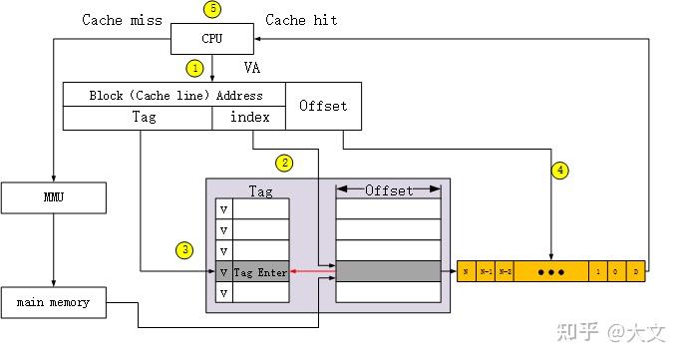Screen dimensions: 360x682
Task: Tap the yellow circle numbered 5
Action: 211,10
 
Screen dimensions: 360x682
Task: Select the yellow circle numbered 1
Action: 195,68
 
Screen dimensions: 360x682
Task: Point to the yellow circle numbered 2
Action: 285,163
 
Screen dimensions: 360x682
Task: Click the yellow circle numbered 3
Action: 185,249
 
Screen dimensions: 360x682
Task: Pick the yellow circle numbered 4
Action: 561,171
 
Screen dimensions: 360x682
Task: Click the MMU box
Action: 53,197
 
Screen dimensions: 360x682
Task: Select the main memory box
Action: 53,302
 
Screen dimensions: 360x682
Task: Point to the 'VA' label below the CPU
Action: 252,68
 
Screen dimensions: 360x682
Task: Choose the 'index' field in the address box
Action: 249,118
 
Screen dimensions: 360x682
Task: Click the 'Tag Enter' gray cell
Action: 260,271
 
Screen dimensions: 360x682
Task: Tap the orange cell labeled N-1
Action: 486,271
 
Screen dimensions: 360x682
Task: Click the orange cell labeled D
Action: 636,271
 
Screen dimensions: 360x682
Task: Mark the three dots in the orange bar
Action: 550,271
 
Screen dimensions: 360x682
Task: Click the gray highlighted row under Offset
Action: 388,271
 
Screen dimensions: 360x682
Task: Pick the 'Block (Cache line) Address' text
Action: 174,95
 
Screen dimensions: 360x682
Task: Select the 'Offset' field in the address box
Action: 323,106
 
